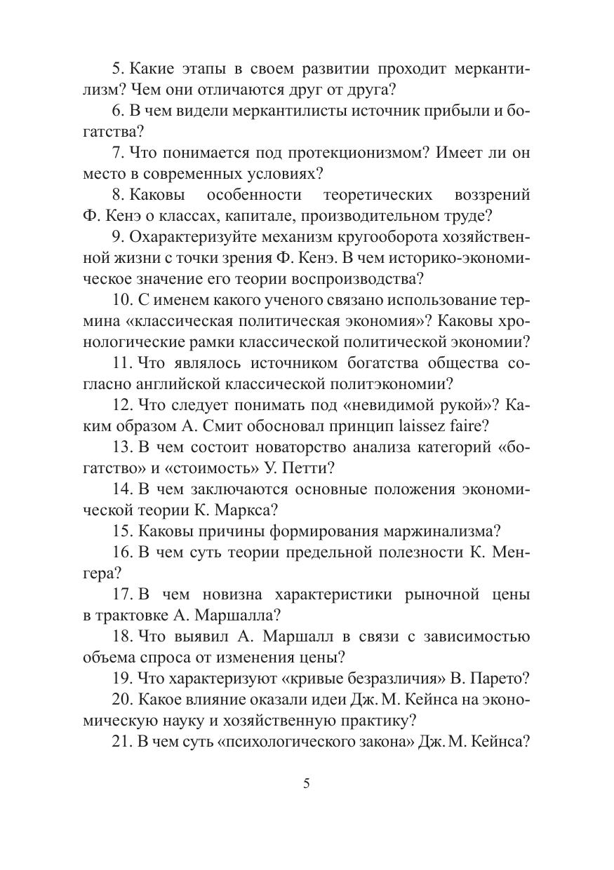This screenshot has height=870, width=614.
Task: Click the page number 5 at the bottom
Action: [306, 784]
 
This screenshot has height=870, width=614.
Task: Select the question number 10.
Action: [123, 300]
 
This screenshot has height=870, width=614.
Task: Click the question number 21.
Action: [123, 742]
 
